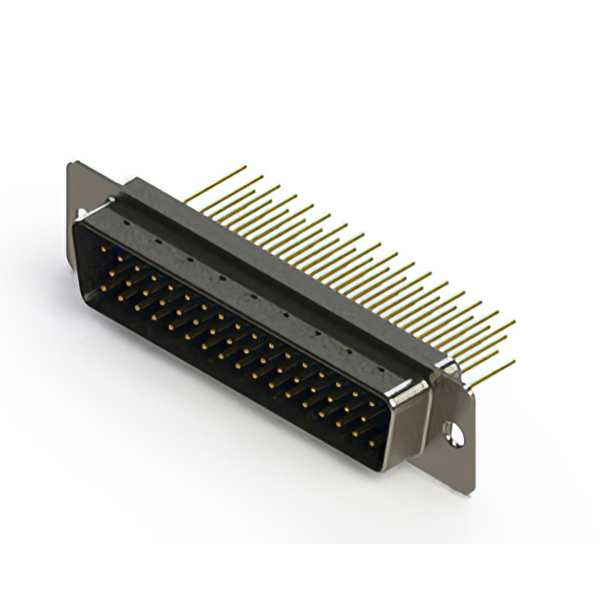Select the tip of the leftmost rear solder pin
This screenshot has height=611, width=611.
coord(246,168)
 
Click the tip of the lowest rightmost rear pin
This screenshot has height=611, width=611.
coord(515,361)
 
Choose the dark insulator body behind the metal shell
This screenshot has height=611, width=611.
coord(286,267)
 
